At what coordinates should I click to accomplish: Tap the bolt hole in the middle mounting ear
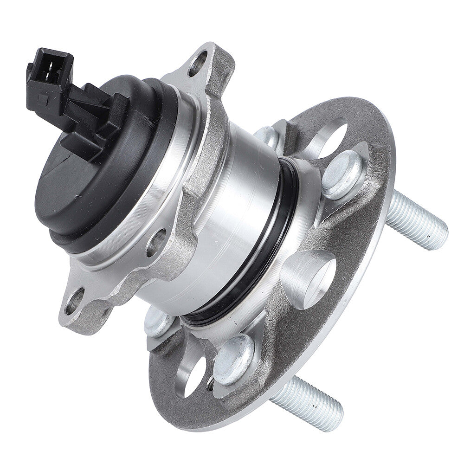point(157,241)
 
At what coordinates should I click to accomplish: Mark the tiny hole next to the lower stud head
point(211,384)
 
